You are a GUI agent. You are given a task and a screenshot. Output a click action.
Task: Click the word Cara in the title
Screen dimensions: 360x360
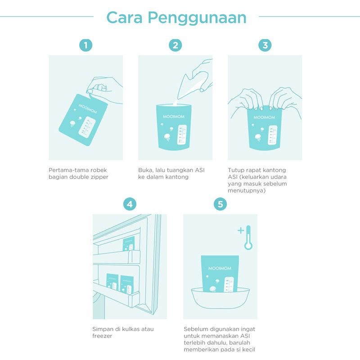coord(125,18)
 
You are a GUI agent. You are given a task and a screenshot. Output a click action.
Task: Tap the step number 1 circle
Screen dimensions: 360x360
coord(85,45)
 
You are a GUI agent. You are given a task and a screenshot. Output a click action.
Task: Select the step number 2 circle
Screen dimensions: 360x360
coord(175,45)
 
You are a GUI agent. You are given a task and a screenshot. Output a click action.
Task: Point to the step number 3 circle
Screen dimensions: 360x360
coord(265,45)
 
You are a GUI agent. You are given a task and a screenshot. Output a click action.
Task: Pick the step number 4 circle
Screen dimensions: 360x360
coord(130,204)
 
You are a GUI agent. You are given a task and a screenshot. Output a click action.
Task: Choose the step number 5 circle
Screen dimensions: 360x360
coord(220,204)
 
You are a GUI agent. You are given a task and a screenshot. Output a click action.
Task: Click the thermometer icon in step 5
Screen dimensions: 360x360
coord(248,238)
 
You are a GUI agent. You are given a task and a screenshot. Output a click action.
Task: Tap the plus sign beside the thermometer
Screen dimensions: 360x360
coord(241,230)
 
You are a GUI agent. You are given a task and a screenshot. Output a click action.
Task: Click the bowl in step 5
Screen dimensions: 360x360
coord(220,298)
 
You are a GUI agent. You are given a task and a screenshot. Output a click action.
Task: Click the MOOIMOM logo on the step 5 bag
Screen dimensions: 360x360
coord(220,268)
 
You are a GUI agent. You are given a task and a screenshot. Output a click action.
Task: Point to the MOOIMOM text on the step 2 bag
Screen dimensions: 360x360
coord(174,117)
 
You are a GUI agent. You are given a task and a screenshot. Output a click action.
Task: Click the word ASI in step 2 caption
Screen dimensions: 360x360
coord(200,170)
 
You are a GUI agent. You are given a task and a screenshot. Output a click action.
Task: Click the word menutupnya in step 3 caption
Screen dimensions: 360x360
coord(247,190)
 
